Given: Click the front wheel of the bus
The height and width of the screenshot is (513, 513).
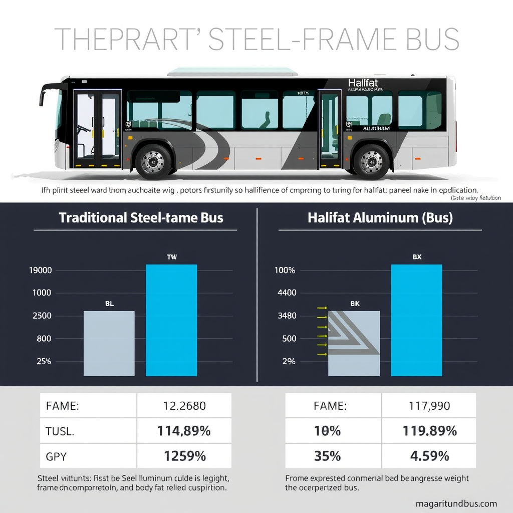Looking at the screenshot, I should (x=153, y=161).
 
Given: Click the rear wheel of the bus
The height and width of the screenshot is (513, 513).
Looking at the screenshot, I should (x=371, y=161).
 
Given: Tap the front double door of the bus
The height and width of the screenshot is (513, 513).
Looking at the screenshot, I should (x=97, y=129).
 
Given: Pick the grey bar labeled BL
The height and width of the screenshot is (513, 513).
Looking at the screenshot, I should (x=109, y=343).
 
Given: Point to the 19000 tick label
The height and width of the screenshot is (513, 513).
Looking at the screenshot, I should (x=41, y=271).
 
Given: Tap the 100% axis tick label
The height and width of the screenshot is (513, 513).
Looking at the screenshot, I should (x=285, y=271).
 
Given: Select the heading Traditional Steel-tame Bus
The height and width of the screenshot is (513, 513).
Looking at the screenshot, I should (x=141, y=218).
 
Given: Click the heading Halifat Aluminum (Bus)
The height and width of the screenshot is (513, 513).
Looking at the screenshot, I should (x=380, y=218).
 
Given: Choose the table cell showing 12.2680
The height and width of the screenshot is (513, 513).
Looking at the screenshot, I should (x=184, y=406).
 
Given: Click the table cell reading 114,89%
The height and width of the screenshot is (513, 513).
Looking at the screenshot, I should (x=184, y=430).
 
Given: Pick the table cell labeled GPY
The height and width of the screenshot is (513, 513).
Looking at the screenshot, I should (x=88, y=456).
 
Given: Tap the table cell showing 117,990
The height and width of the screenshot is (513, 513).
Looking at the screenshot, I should (x=429, y=406).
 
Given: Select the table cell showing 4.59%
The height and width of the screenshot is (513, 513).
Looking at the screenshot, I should (x=429, y=456).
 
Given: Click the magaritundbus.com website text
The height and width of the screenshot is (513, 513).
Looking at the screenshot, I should (x=456, y=503).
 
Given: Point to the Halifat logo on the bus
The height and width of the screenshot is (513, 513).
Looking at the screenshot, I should (x=363, y=83).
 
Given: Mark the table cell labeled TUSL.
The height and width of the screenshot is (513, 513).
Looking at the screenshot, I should (x=88, y=430).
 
